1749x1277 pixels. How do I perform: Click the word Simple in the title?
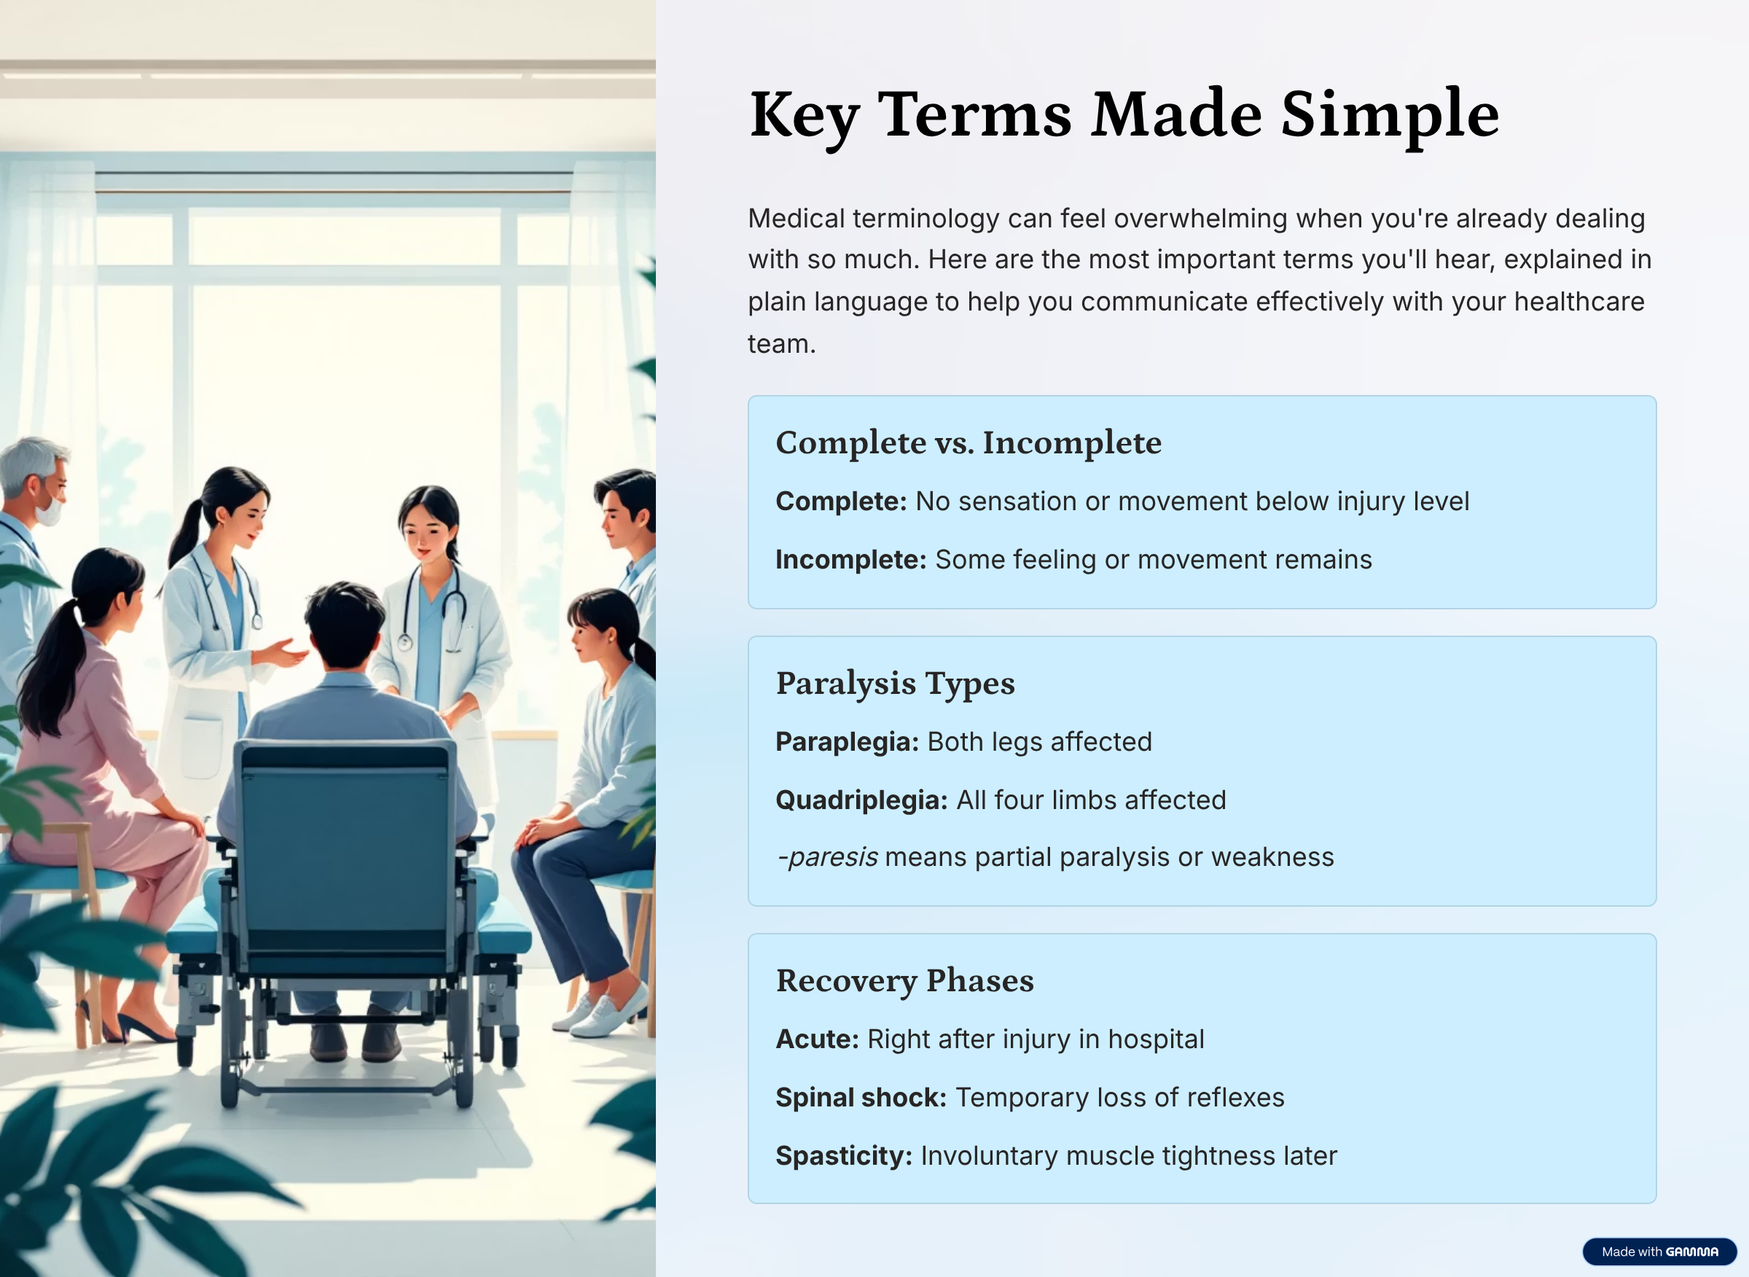(x=1390, y=116)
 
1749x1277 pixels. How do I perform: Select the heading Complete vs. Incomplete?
(x=969, y=443)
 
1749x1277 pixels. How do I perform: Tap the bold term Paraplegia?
(x=847, y=742)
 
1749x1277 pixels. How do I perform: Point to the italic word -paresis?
(x=827, y=857)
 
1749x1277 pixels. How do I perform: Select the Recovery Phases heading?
(x=905, y=981)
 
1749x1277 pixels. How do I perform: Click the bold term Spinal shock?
(x=861, y=1098)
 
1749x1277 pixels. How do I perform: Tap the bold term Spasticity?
(x=844, y=1155)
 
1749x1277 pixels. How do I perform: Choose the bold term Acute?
(x=818, y=1039)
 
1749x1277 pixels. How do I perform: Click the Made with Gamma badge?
(x=1659, y=1251)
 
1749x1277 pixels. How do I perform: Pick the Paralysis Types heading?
(x=895, y=684)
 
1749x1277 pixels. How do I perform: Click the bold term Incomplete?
(x=851, y=560)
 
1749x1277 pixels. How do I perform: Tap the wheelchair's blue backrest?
(x=345, y=851)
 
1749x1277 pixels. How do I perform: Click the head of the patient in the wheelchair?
(x=343, y=626)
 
